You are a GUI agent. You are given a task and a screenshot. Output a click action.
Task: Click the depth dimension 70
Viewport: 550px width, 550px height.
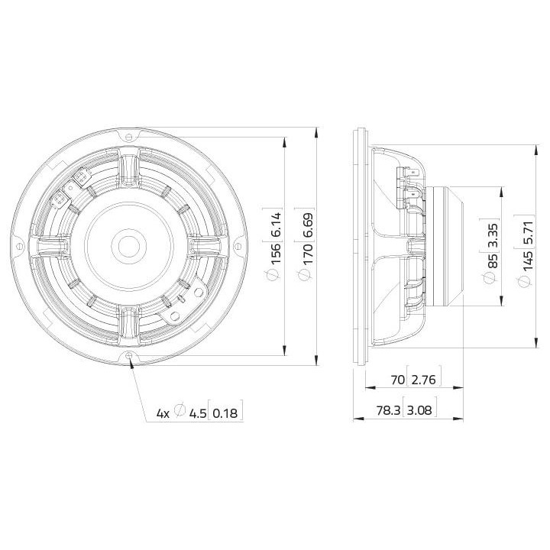pyautogui.click(x=396, y=379)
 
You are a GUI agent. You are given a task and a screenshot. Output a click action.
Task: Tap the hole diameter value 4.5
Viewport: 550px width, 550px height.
pyautogui.click(x=198, y=413)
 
